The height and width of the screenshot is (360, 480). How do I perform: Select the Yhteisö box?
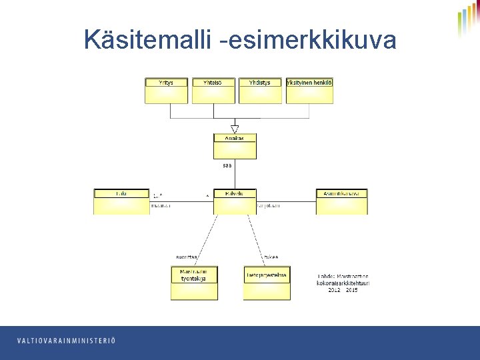tap(214, 91)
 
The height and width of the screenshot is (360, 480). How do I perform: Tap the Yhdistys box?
tap(260, 91)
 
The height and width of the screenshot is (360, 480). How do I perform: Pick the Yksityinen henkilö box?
tap(309, 91)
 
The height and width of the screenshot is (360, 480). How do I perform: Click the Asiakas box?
tap(235, 147)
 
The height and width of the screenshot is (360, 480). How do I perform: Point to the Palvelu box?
tap(235, 202)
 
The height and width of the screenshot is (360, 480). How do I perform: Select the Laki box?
tap(121, 202)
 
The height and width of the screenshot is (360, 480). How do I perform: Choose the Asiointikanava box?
tap(341, 202)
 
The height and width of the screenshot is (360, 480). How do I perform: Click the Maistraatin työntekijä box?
tap(194, 283)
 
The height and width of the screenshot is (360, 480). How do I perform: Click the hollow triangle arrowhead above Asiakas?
tap(235, 129)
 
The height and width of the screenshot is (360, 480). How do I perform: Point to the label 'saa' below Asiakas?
tap(227, 165)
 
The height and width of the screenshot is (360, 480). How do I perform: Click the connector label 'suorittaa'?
tap(187, 257)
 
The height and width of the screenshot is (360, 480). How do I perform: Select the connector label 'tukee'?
tap(271, 257)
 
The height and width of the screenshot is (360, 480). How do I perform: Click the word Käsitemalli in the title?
tap(149, 41)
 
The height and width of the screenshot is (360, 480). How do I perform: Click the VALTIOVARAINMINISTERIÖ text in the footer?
tap(66, 341)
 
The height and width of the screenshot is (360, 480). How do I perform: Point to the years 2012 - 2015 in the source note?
tap(343, 290)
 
